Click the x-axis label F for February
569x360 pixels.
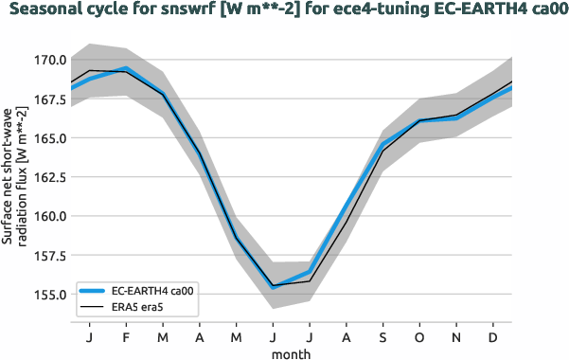[126, 336]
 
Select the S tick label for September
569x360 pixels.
[382, 336]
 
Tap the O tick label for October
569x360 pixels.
[419, 336]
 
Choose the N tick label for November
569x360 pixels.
[456, 336]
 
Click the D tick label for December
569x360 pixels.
[493, 336]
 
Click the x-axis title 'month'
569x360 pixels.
[291, 352]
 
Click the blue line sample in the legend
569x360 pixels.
[94, 291]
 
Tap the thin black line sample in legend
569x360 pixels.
[94, 307]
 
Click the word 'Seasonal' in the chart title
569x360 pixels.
[44, 11]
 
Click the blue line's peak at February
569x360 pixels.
[126, 68]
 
